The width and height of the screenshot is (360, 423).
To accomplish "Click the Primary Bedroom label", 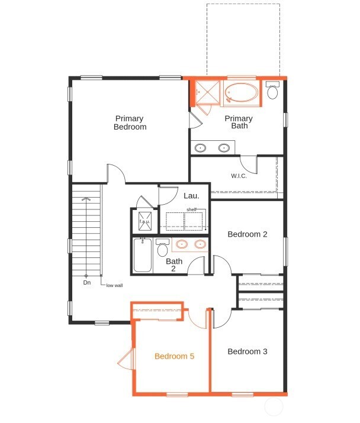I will pos(130,122).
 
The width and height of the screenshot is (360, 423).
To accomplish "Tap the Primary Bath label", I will pos(239,122).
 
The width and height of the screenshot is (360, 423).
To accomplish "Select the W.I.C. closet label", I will pos(239,176).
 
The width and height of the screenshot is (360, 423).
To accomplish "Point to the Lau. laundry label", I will pos(191,195).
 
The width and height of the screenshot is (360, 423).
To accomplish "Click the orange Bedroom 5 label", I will pos(174,356).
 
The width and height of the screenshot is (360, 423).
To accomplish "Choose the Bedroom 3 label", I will pos(247,351).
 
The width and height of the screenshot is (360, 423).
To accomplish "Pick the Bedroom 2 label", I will pos(247,234).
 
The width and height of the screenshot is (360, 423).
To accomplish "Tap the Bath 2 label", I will pos(174,264).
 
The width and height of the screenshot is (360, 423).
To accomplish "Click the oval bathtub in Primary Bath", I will pos(242,93).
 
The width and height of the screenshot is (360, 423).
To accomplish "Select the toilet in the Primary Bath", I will pos(272,91).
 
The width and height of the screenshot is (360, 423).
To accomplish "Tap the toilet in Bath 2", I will pos(162,248).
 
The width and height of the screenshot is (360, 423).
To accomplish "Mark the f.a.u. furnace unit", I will pos(144,222).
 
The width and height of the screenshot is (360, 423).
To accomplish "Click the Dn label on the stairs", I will pos(86,283).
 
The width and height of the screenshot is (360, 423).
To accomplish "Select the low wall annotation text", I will pos(114,285).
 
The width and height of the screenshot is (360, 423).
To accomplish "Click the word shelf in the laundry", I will pos(191,209).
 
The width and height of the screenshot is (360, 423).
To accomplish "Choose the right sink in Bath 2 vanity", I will pos(200,243).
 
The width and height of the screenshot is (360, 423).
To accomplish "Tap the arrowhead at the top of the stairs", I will pos(86,199).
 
